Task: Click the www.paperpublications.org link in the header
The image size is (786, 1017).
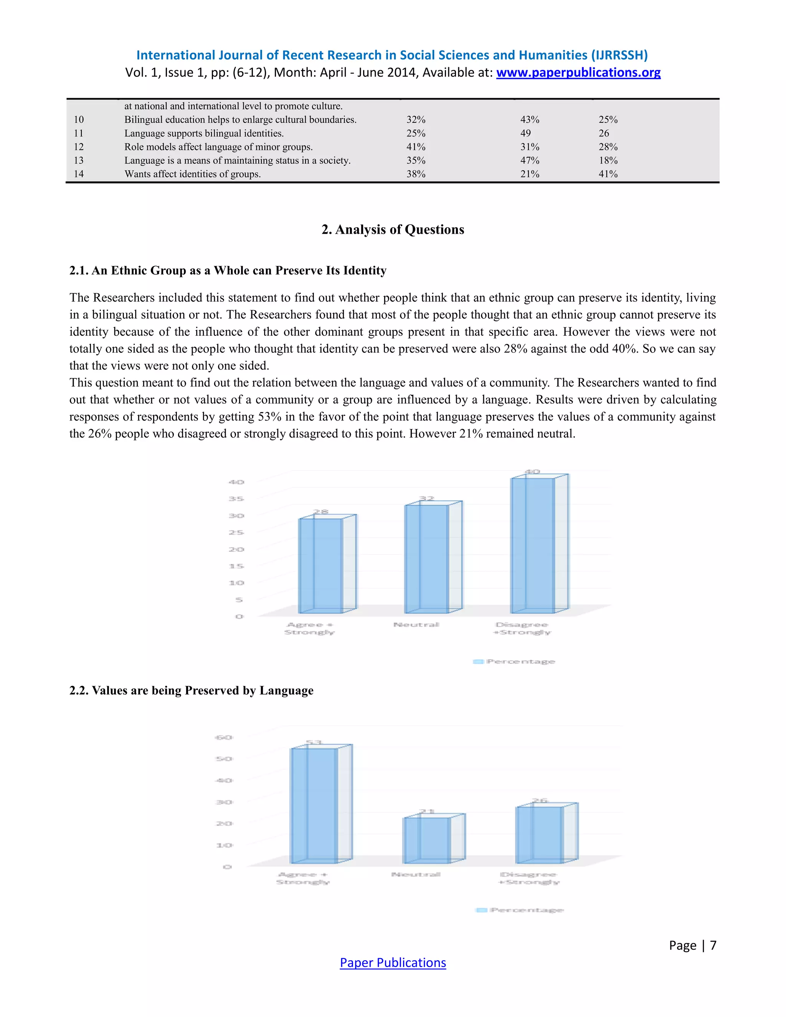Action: coord(578,73)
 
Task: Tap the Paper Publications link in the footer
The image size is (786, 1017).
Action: coord(393,962)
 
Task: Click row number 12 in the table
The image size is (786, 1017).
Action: coord(79,147)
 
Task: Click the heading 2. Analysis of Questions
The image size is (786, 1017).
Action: coord(393,229)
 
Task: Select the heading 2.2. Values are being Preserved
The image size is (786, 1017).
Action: coord(192,690)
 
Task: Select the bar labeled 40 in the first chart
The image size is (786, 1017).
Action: coord(533,545)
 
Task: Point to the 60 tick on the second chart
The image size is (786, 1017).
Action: coord(224,738)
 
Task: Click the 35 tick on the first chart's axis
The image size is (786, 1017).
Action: coord(236,499)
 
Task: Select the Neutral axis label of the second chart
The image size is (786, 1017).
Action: coord(416,875)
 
